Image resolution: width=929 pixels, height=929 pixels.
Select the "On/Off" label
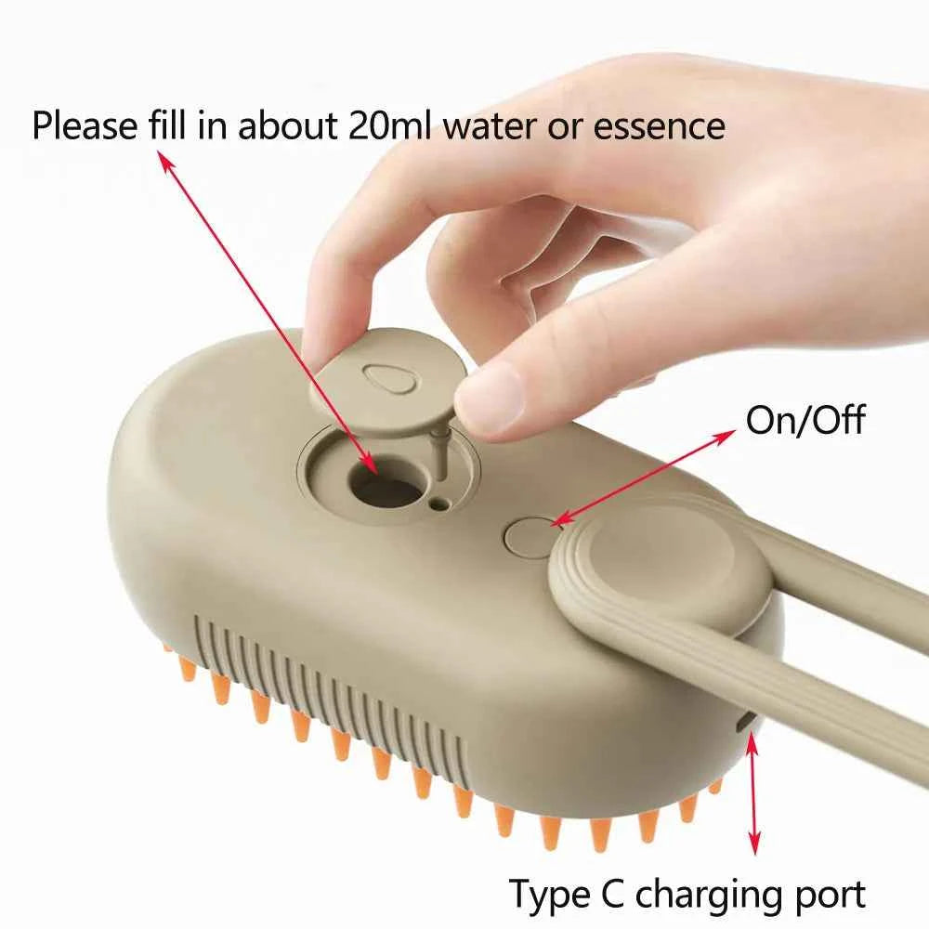coord(805,420)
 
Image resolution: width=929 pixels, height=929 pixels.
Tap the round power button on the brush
coord(531,537)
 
